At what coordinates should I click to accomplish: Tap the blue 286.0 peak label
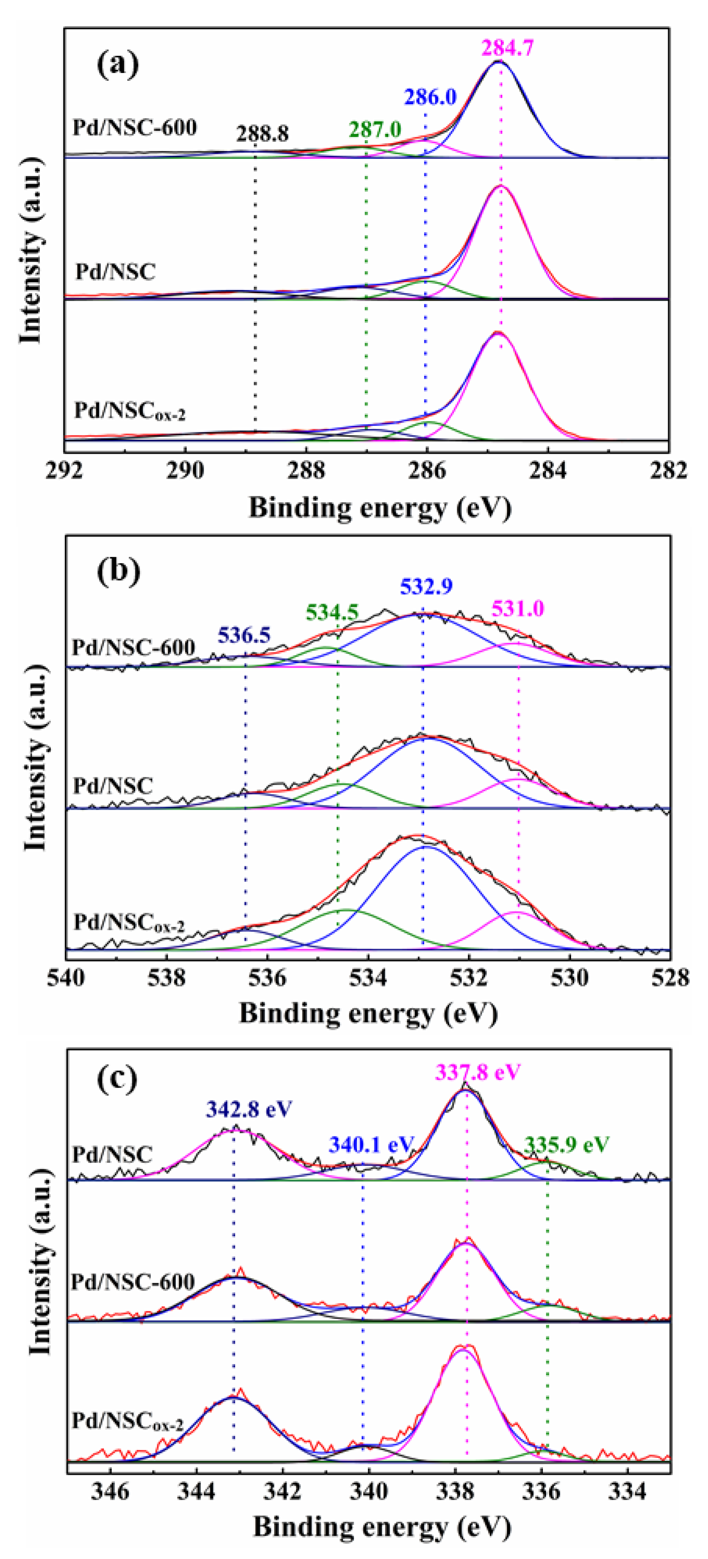click(x=430, y=97)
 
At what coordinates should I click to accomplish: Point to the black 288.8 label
click(x=263, y=134)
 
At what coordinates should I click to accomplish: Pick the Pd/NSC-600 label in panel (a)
click(x=134, y=128)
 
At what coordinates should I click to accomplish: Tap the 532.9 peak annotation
click(x=426, y=586)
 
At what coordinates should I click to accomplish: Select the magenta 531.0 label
click(x=518, y=608)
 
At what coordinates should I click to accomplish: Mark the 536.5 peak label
click(x=244, y=635)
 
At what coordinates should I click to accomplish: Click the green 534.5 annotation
click(x=332, y=612)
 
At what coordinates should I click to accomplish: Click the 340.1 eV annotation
click(x=371, y=1145)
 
